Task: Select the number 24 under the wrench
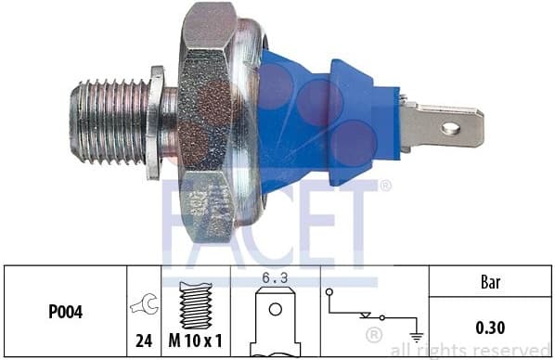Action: (144, 341)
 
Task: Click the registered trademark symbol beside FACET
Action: (386, 186)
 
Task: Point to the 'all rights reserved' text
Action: (471, 350)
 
